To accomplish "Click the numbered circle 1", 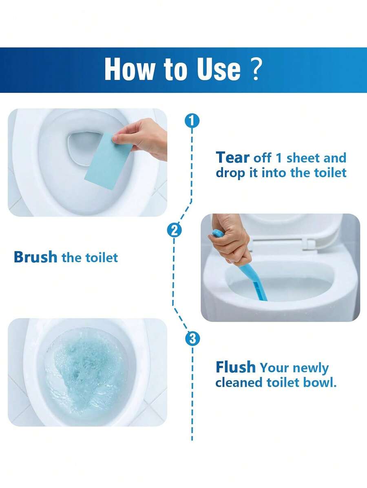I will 192,121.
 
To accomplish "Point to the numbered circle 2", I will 175,231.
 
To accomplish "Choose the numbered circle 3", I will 192,339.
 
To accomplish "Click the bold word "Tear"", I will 232,158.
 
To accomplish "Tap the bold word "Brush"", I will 35,257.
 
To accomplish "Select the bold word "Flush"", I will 236,367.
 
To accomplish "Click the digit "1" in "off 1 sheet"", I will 279,158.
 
